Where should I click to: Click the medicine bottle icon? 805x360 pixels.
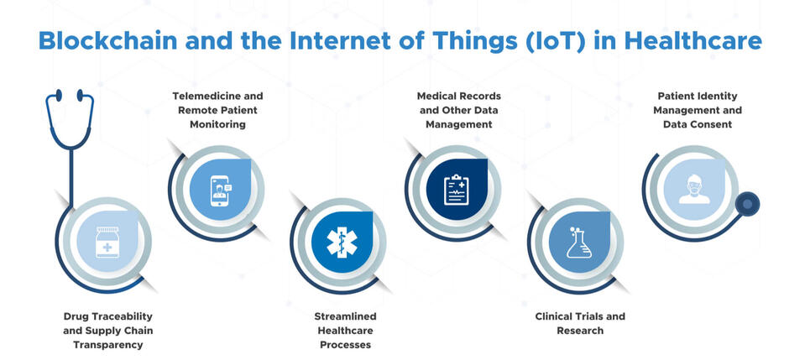(107, 242)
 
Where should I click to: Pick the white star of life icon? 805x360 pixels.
(342, 243)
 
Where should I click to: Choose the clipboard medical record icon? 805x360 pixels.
(457, 190)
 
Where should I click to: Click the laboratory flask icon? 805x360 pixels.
(578, 242)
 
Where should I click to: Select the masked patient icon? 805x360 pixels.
(694, 189)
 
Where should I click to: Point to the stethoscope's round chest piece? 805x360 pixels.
(747, 204)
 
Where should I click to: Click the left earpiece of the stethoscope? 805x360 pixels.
(59, 95)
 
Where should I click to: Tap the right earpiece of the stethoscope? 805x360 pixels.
(80, 95)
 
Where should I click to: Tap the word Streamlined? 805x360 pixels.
(346, 316)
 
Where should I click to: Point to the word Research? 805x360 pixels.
(580, 331)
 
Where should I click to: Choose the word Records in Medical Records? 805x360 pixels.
(480, 96)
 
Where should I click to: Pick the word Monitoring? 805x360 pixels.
(217, 124)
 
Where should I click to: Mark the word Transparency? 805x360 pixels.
(107, 345)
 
